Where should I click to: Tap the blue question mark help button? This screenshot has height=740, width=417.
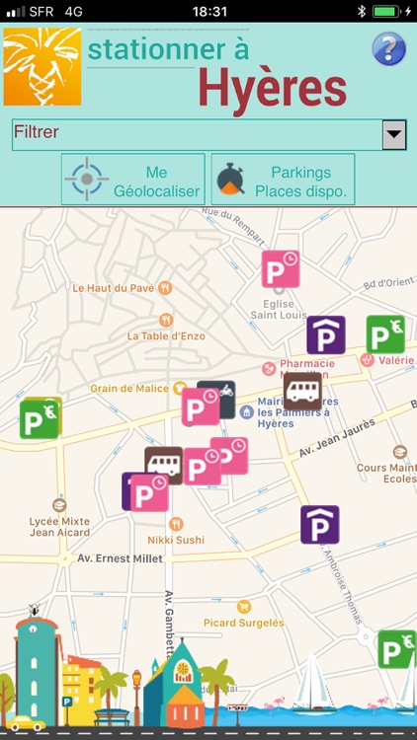click(388, 48)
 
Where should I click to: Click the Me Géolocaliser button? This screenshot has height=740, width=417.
click(133, 180)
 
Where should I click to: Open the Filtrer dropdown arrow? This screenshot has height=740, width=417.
click(394, 134)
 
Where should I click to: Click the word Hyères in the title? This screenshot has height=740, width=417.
click(272, 88)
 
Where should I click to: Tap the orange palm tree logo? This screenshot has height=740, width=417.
click(42, 67)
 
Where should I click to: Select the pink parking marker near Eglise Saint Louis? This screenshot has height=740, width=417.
click(281, 269)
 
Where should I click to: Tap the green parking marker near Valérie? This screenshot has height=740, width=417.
click(385, 334)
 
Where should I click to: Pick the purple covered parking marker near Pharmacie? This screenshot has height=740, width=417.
click(326, 334)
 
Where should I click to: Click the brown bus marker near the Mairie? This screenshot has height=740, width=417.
click(302, 391)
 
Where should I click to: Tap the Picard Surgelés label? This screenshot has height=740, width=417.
click(243, 623)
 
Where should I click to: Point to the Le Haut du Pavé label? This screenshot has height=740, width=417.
click(114, 288)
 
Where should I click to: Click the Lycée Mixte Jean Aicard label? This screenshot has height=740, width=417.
click(61, 527)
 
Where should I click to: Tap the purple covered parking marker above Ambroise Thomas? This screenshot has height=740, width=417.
click(320, 524)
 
